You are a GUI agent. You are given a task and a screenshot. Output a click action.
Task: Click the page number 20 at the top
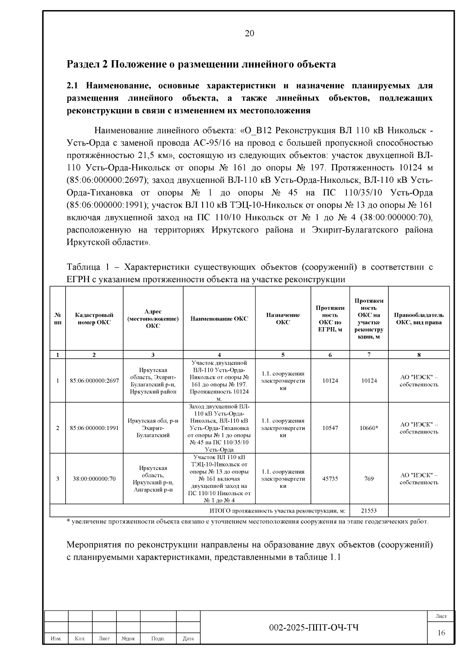(249, 33)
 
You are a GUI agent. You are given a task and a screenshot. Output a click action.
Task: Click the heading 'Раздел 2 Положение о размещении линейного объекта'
(201, 64)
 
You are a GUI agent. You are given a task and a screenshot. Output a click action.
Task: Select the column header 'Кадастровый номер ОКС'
(94, 319)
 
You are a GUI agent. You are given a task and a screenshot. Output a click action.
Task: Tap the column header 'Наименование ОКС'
(219, 319)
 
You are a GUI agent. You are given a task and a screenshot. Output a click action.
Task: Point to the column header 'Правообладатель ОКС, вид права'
(419, 319)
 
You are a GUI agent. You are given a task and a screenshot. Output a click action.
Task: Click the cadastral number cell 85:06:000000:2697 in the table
(94, 381)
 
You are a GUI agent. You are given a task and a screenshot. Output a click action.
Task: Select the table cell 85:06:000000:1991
(94, 428)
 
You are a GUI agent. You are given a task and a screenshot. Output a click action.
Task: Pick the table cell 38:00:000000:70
(94, 479)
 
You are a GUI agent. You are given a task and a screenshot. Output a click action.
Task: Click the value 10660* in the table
(369, 428)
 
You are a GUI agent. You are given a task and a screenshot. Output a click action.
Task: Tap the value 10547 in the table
(330, 428)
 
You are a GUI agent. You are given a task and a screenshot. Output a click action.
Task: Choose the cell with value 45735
(330, 479)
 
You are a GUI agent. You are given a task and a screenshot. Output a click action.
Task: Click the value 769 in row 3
(369, 479)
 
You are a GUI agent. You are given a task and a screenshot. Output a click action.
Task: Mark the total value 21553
(369, 511)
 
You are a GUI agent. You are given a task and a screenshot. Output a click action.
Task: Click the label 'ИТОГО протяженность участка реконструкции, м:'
(277, 511)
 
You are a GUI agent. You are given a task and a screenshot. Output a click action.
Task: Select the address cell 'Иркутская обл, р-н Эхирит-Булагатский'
(153, 428)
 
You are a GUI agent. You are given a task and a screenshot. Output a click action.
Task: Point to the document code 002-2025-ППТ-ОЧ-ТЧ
(314, 628)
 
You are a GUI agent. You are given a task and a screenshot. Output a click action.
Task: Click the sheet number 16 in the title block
(441, 633)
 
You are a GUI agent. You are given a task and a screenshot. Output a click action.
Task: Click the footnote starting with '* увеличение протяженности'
(248, 522)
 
